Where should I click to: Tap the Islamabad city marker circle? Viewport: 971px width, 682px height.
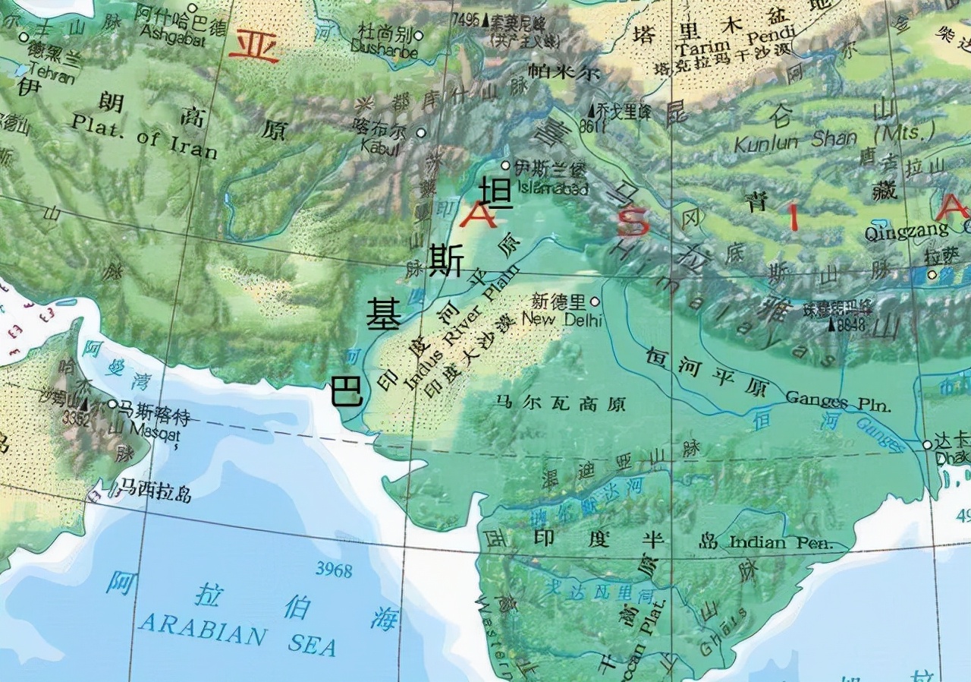pos(506,165)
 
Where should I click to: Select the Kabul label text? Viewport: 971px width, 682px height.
pos(381,147)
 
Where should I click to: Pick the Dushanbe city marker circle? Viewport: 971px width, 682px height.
pos(418,35)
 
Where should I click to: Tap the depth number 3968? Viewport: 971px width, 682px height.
pos(334,570)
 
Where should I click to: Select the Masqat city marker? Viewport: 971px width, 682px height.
pos(112,405)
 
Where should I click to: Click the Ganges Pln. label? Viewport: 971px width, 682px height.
pos(838,400)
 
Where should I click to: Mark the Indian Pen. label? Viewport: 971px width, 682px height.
pos(781,543)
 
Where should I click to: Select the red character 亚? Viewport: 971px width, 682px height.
pos(254,46)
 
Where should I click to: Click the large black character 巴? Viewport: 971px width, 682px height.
pos(347,393)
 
